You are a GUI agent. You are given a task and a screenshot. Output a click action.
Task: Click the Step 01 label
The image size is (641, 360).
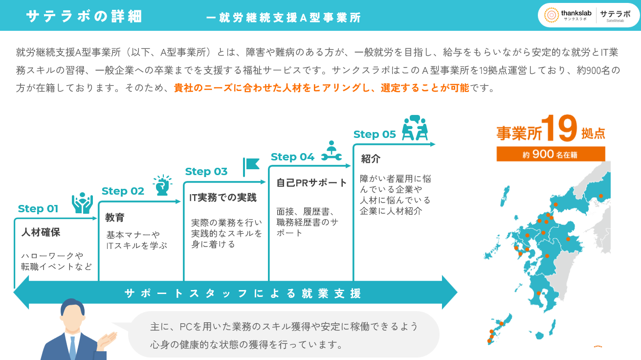pos(38,209)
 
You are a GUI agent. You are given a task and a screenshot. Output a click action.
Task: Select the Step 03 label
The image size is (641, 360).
pos(206,171)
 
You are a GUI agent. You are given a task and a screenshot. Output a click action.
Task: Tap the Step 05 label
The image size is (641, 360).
pos(375,134)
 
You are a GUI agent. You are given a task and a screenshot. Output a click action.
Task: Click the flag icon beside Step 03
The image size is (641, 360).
pos(251,167)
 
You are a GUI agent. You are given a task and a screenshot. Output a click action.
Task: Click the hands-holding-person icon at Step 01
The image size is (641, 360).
pos(83,203)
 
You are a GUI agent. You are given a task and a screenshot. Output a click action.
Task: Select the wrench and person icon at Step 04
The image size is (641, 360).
pos(332,151)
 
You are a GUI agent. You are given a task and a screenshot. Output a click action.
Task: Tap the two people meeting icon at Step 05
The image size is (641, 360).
pos(415,128)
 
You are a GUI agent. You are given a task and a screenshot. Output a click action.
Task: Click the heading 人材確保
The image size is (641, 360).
pos(41,232)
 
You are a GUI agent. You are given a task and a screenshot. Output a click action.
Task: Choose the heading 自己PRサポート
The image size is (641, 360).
pos(311,182)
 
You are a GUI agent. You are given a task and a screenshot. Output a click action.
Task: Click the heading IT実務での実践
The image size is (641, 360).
pos(222,198)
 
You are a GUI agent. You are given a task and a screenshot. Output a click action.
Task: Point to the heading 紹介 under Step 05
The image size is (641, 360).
pos(371,158)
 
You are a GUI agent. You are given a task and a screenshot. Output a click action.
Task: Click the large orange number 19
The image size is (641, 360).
pos(559,128)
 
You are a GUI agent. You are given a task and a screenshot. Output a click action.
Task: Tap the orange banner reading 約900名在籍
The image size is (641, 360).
pos(551,154)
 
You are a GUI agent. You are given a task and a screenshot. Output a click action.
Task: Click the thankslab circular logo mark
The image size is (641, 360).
pos(552,15)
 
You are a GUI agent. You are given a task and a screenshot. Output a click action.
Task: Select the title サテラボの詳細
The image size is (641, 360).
pos(84,16)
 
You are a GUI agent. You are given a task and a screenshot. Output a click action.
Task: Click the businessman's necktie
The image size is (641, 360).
pos(73,348)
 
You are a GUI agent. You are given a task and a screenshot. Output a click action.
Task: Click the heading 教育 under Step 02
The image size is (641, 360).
pos(115,218)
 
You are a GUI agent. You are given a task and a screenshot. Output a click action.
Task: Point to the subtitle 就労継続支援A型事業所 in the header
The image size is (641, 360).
pos(283,18)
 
